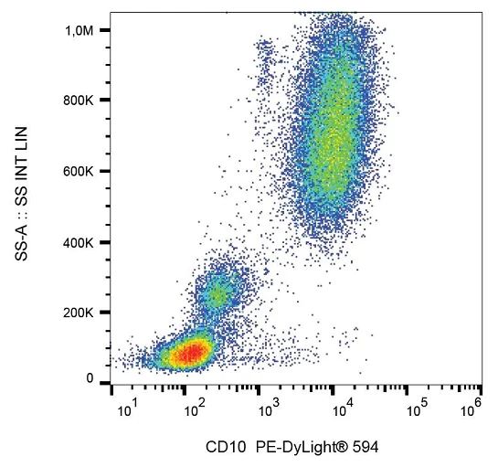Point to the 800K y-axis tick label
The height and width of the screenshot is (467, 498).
[79, 101]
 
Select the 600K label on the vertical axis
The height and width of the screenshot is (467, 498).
[79, 172]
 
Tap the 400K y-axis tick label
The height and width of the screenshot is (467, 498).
[79, 243]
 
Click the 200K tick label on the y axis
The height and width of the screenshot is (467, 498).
[79, 313]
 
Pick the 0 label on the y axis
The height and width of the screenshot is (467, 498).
[90, 378]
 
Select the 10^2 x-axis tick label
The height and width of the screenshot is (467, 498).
[193, 410]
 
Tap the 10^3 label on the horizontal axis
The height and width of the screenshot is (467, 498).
[267, 410]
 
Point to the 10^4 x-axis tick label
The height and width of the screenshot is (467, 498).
[341, 410]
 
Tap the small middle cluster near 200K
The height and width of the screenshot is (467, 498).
[217, 294]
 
